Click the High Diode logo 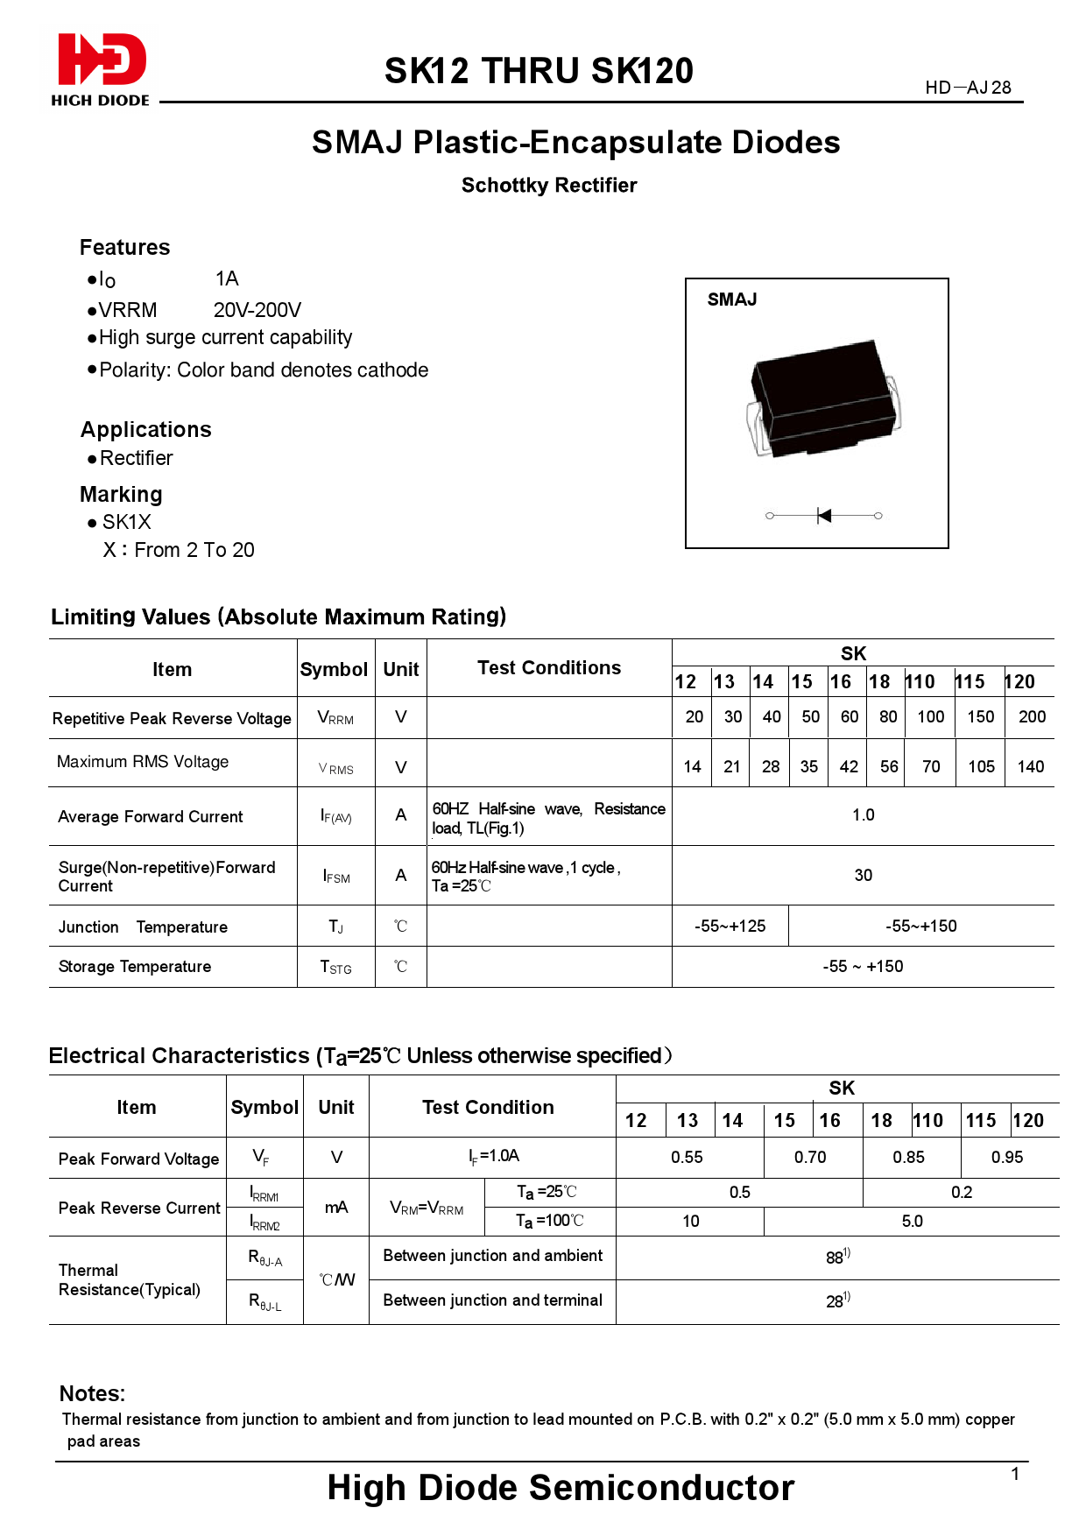(101, 69)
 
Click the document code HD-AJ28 (968, 88)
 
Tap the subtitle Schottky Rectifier (549, 186)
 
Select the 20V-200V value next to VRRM (257, 310)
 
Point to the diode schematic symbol (823, 516)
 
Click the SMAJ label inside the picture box (732, 299)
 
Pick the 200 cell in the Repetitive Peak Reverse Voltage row (1032, 716)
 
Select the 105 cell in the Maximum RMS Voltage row (981, 766)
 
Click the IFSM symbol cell (336, 876)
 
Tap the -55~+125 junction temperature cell (730, 926)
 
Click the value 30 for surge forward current (863, 875)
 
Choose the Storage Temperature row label (135, 967)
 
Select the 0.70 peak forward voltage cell (810, 1157)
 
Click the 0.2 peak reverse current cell (961, 1192)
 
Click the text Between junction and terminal (492, 1300)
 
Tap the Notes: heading (92, 1393)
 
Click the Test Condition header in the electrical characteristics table (488, 1107)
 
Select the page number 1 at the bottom (1015, 1474)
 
